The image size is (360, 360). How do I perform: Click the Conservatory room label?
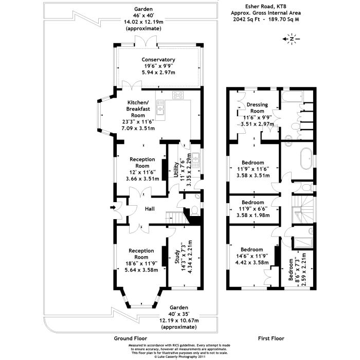coord(159,60)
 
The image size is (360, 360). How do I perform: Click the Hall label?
coord(150,208)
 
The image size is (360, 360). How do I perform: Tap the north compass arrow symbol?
coord(292,39)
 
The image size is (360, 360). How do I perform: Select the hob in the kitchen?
coord(178,95)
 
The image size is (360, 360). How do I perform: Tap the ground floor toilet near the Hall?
coord(195,210)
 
